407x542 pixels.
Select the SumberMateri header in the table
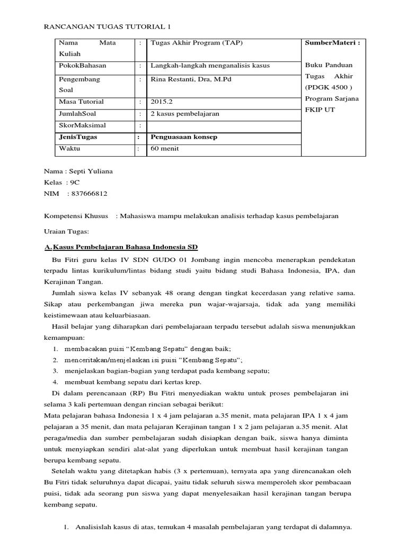(x=332, y=42)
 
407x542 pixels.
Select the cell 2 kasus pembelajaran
(x=185, y=114)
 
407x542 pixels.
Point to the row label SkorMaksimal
(x=82, y=125)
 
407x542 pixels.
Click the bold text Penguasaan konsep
(x=184, y=137)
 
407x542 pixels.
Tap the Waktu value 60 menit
(x=165, y=149)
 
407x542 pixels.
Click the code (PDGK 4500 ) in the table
(x=329, y=87)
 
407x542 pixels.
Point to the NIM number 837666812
(x=87, y=194)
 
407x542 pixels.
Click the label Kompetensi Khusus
(x=76, y=216)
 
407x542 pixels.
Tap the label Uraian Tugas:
(x=67, y=231)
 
